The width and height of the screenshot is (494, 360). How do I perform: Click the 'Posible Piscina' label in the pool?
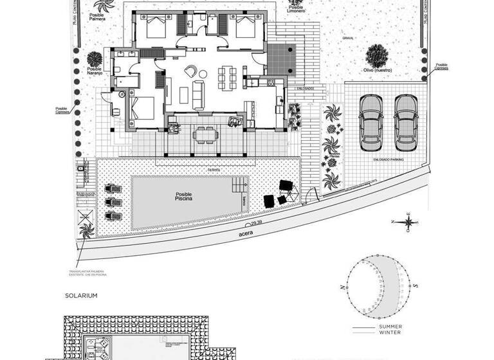184,196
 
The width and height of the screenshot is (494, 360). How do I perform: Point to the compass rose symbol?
409,222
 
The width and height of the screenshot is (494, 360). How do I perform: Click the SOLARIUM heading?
80,296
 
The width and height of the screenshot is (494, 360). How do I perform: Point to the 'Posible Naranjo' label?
95,71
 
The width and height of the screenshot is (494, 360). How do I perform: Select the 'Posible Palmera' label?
98,17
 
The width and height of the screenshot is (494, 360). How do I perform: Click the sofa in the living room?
198,94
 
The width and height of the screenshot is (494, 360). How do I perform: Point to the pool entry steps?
241,186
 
